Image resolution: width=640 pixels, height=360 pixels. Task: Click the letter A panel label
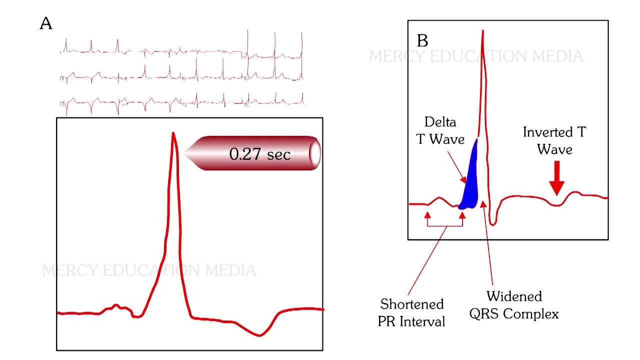tap(45, 24)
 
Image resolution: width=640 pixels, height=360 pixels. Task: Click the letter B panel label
tap(422, 41)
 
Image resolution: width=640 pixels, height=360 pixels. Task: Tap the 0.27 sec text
tap(259, 154)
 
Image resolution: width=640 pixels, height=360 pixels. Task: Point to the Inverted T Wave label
tap(554, 140)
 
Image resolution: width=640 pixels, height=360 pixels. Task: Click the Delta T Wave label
tap(440, 130)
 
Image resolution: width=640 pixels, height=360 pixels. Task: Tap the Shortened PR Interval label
tap(412, 312)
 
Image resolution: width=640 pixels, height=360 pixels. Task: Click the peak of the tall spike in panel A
tap(173, 133)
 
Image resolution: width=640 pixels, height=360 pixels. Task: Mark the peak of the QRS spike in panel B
tap(483, 31)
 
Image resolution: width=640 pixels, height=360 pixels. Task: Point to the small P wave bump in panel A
tap(115, 305)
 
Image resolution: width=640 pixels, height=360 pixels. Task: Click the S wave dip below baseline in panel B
tap(493, 223)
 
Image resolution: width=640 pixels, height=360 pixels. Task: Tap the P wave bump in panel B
tap(440, 198)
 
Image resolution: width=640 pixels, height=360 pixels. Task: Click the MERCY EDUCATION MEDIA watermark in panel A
tap(149, 271)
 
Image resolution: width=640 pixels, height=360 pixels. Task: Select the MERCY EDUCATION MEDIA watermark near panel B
tap(476, 56)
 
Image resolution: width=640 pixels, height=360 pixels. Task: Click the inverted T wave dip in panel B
tap(556, 205)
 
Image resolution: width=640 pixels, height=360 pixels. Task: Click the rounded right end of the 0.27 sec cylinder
tap(315, 153)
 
